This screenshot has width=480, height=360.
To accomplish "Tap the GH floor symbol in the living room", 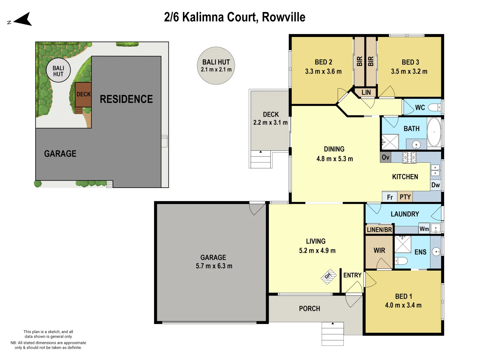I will pos(328,276).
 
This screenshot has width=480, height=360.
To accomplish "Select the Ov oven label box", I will pos(385,157).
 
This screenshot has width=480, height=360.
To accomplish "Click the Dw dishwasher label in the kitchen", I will pos(435,185).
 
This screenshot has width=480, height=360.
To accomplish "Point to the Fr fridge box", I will pos(390,197).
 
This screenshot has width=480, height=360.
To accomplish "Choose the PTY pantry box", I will pos(405,197).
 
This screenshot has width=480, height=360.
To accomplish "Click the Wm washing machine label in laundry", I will pos(424,229).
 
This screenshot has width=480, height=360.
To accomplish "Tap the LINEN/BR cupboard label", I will pos(379,230).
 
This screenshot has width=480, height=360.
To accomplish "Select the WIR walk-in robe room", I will pos(379,251).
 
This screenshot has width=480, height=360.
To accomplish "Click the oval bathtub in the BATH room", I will pos(434,132).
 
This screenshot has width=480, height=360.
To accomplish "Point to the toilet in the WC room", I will pos(434,107).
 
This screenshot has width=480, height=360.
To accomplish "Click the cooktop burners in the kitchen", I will pos(409,157).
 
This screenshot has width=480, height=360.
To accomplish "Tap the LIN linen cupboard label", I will pos(366,92).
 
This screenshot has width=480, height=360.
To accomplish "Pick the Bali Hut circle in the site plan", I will pos(58,71).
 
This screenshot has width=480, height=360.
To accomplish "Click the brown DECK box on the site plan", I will pos(83,94).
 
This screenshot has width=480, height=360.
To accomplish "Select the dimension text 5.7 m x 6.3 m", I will pos(214,266).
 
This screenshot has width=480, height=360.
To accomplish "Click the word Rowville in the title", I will pos(283,17).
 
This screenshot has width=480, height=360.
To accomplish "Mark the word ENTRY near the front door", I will pos(352,275).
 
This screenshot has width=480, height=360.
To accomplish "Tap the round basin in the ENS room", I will pos(436,252).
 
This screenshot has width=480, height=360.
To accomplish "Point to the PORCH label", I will pos(309,309).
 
